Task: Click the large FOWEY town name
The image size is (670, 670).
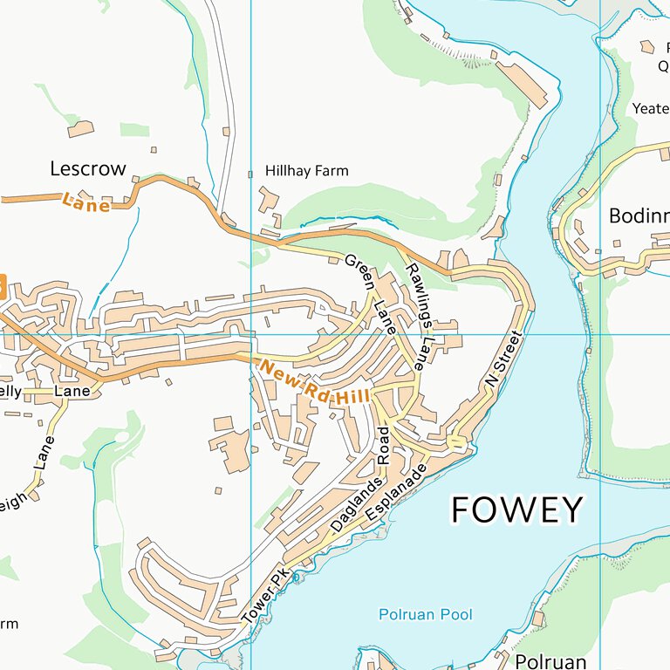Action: click(x=516, y=509)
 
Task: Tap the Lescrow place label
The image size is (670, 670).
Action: click(x=88, y=168)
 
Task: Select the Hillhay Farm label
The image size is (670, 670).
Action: click(x=306, y=171)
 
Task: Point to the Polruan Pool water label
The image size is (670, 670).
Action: click(x=425, y=615)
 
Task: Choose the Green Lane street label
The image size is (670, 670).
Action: click(x=372, y=294)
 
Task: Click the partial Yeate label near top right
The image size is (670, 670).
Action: click(x=650, y=109)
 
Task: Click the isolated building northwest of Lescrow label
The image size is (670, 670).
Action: click(x=80, y=129)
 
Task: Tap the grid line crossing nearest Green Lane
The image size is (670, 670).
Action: click(x=251, y=334)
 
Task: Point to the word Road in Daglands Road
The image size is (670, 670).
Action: click(x=383, y=446)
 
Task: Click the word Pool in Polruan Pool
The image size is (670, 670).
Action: click(x=455, y=615)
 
